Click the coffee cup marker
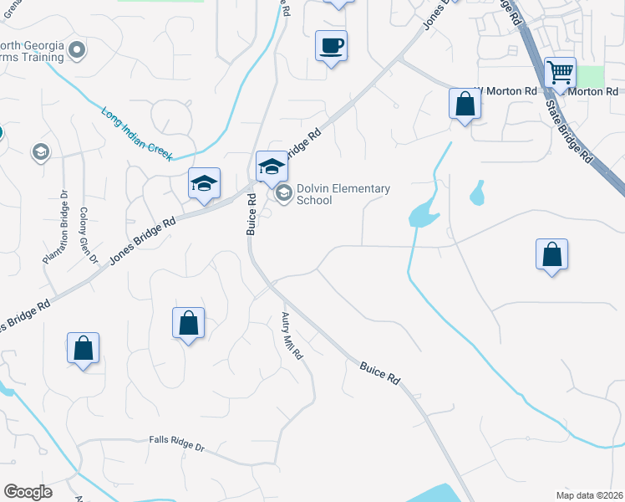(332, 45)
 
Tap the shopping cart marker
(560, 72)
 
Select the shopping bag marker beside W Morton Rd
(465, 105)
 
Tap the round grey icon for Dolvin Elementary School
(283, 194)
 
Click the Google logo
(28, 492)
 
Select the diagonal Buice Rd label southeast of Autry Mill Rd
(380, 372)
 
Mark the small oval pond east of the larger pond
(477, 194)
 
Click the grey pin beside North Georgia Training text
(77, 50)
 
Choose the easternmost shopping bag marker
(551, 255)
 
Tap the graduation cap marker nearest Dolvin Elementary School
(271, 166)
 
